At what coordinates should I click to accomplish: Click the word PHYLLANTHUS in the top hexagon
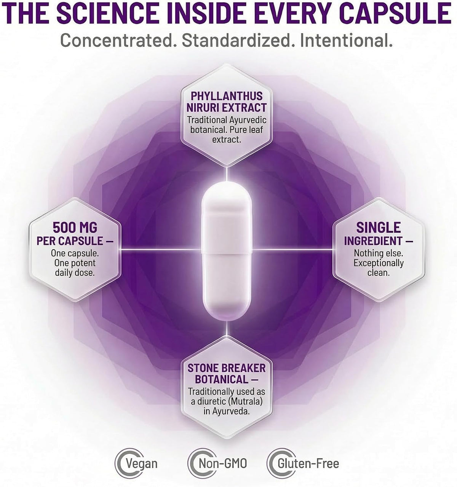click(x=227, y=96)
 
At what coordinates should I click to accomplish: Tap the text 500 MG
click(x=75, y=228)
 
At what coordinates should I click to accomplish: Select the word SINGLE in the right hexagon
click(x=379, y=228)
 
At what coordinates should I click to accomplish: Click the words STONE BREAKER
click(x=227, y=368)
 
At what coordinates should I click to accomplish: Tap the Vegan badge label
click(x=141, y=464)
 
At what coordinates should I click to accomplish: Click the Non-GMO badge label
click(x=222, y=463)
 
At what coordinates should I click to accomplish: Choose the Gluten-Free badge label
click(x=308, y=463)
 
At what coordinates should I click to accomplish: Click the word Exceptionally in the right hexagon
click(x=379, y=263)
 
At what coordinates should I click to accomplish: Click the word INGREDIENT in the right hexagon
click(x=373, y=241)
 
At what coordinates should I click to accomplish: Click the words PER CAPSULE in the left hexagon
click(x=70, y=241)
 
